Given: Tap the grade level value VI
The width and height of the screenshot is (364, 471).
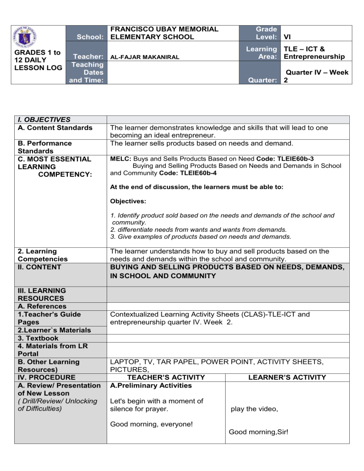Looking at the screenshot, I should [287, 36].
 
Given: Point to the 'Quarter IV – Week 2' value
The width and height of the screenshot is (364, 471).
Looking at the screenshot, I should [315, 76].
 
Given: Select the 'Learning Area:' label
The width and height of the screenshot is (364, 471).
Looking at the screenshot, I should [260, 53].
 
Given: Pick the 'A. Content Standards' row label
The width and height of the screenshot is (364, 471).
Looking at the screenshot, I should [55, 127].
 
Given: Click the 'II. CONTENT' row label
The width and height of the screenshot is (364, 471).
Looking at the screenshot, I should [40, 267].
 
